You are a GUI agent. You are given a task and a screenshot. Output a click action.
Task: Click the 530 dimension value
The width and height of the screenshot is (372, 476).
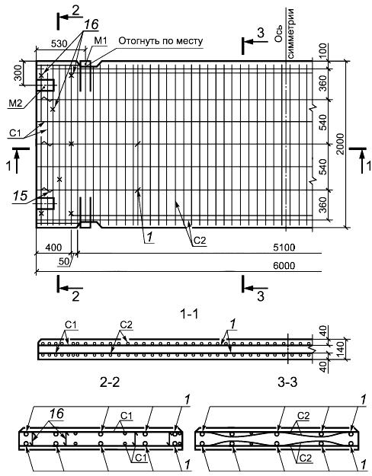point(59,43)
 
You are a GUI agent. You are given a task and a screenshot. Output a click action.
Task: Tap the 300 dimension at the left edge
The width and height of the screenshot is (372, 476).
point(19,73)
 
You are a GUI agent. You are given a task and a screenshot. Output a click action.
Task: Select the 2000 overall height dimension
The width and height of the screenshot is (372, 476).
point(340,144)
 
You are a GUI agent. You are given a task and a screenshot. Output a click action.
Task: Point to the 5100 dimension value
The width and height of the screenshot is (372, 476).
point(284,248)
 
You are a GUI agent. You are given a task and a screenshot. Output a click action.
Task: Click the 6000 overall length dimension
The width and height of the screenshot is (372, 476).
point(284,266)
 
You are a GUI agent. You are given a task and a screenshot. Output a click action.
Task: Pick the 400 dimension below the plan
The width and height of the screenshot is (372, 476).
point(53,247)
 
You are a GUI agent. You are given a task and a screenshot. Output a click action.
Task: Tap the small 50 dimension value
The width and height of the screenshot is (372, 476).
point(64,262)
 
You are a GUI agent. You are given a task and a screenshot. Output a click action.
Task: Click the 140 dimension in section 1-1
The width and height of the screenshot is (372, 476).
point(340,350)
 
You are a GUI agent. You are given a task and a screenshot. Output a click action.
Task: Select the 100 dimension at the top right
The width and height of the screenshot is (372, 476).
point(323,51)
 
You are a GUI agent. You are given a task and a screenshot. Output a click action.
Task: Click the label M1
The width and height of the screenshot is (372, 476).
point(101,40)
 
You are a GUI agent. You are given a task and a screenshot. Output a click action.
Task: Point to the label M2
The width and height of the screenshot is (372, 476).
point(15,104)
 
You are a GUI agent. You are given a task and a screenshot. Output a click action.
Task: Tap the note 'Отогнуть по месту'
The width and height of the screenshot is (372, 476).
point(161,40)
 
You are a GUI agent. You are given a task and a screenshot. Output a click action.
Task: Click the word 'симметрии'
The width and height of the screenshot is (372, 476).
point(290,34)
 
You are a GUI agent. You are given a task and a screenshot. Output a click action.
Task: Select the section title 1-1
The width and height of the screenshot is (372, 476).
point(189,314)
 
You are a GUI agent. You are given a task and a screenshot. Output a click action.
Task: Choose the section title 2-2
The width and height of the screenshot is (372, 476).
point(110,382)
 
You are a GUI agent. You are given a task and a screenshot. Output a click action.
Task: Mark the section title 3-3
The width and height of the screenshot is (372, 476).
point(287,382)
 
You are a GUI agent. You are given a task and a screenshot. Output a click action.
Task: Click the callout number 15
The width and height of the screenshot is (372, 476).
point(20,196)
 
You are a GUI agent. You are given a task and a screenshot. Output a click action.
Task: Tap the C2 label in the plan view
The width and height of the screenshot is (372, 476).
point(200,241)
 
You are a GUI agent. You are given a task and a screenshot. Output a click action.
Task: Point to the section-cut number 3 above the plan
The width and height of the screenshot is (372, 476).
point(261,33)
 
